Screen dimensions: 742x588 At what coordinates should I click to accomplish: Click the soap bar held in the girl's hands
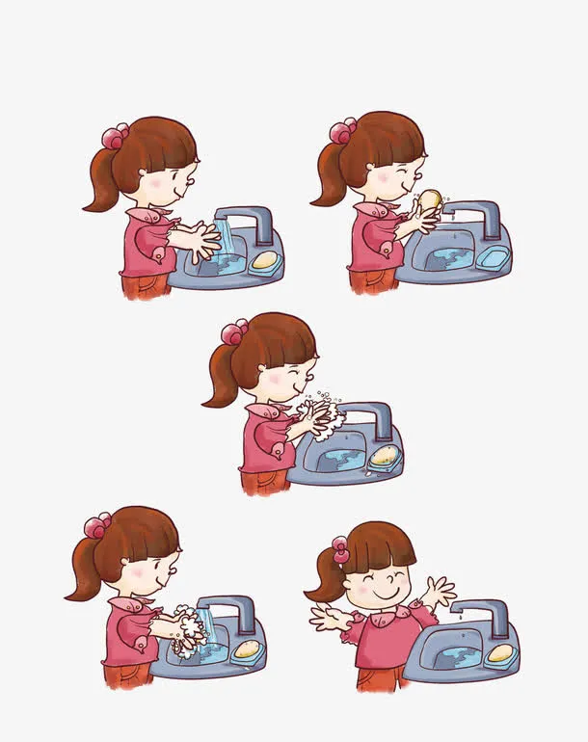click(x=430, y=199)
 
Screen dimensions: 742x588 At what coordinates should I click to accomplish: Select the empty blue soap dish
click(x=493, y=257)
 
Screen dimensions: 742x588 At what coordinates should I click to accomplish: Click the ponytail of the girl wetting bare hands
click(x=101, y=182)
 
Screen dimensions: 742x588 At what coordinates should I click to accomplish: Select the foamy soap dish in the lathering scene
click(x=384, y=458)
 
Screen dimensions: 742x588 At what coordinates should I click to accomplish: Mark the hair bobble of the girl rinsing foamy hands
click(x=96, y=525)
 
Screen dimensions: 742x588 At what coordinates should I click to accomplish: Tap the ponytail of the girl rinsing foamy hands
click(x=85, y=574)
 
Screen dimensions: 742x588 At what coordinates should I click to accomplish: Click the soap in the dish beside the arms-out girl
click(x=499, y=653)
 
